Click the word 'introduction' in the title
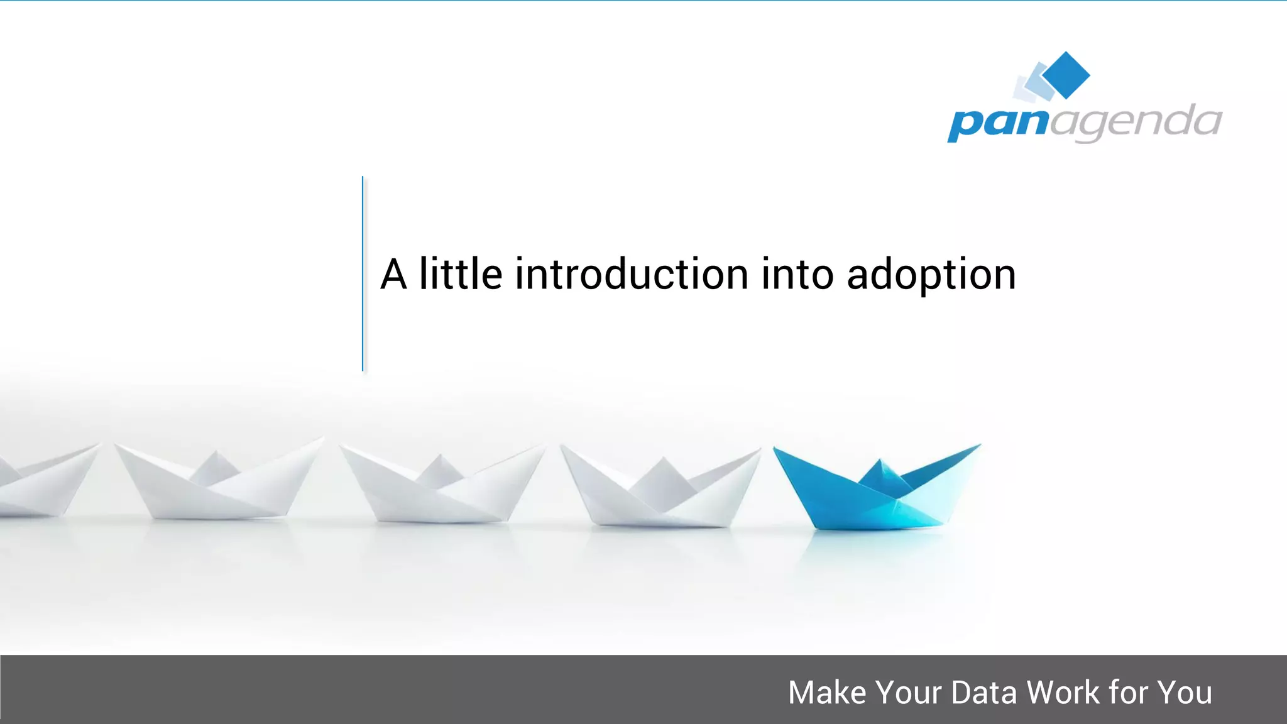click(632, 275)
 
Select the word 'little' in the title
click(461, 275)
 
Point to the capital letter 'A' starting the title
click(394, 275)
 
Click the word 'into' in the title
click(797, 275)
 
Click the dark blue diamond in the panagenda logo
click(1066, 75)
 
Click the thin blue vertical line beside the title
click(363, 273)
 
